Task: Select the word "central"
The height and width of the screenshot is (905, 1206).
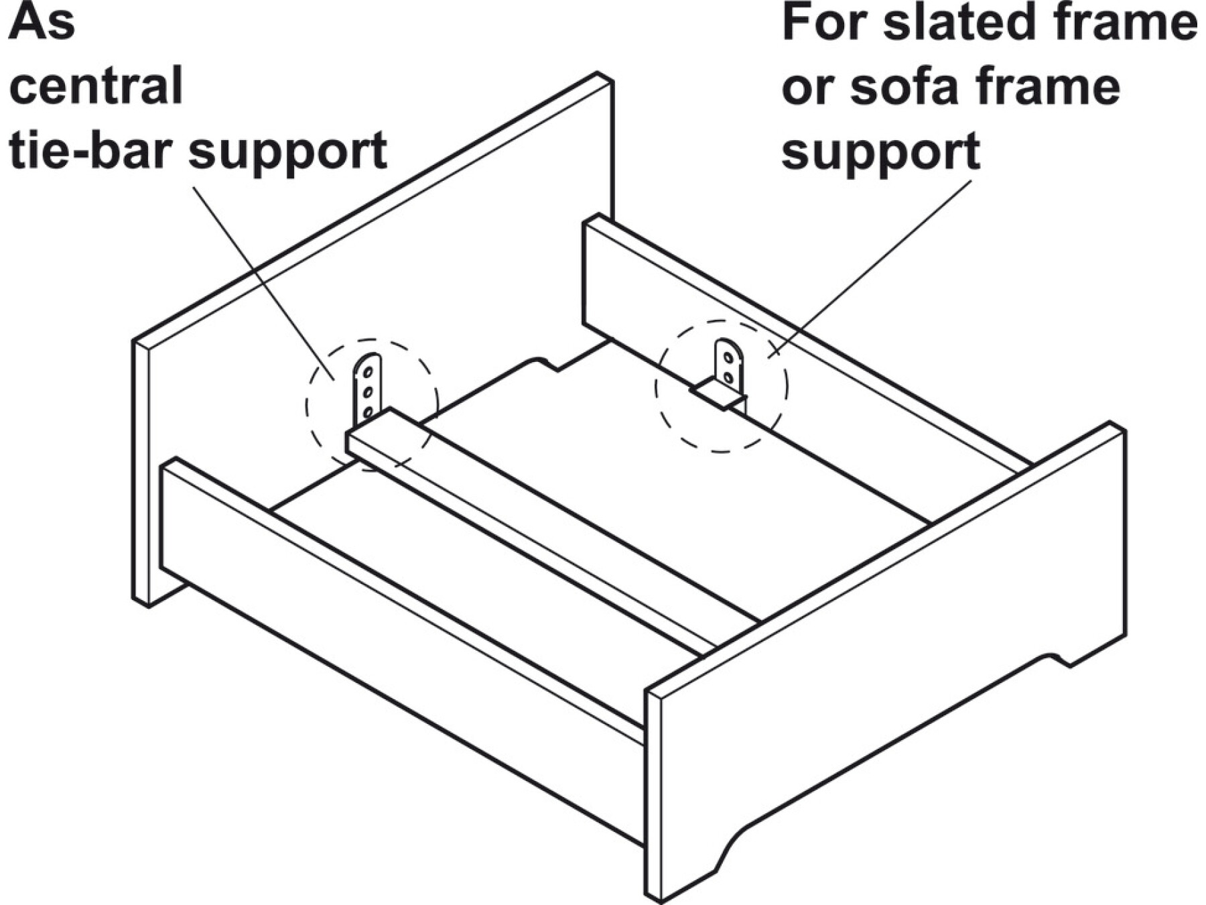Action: (96, 86)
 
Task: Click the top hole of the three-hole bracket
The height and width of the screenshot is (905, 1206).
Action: (368, 372)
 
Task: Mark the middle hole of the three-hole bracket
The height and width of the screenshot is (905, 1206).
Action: (368, 391)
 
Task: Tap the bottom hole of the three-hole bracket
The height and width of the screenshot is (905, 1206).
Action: (367, 412)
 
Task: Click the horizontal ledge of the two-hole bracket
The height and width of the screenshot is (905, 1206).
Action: (719, 394)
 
